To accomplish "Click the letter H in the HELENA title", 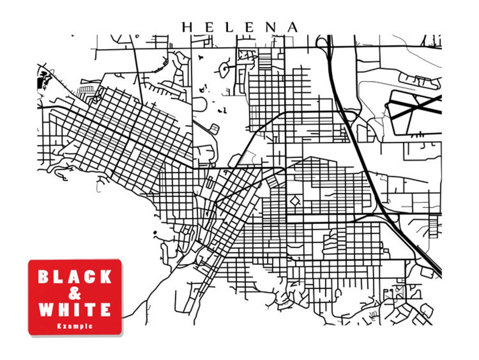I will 187,27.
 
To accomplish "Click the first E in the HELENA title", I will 208,27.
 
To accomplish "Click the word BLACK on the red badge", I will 75,277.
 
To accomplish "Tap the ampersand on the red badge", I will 75,293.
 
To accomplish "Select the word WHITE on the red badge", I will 75,310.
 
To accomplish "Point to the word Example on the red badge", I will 75,326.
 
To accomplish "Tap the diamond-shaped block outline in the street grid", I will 295,201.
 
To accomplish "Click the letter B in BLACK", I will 44,277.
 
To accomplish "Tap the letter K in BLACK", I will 106,277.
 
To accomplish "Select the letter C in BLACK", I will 91,277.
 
